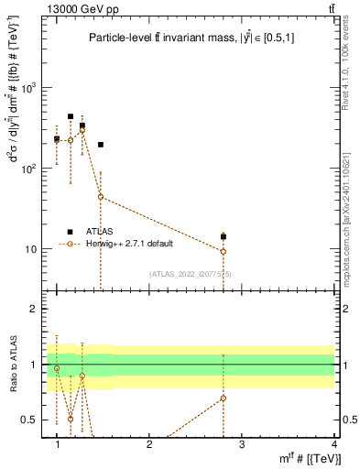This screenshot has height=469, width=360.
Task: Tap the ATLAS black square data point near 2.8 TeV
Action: tap(223, 236)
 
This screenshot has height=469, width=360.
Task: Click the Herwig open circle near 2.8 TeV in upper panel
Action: tap(223, 251)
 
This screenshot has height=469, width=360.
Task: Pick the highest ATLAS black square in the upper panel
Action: tap(71, 117)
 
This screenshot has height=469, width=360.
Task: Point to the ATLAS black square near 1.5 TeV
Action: tap(101, 145)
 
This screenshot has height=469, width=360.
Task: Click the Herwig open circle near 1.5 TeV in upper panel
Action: tap(101, 197)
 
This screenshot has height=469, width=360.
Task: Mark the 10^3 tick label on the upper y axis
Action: tap(30, 88)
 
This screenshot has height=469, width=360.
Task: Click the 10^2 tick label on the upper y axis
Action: tap(30, 169)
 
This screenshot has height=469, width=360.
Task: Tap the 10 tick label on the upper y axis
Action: tap(33, 249)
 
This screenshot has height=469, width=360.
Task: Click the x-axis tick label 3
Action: tap(241, 444)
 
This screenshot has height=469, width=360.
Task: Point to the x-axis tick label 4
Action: tap(333, 444)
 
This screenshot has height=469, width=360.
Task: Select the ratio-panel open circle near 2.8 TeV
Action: tap(223, 398)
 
